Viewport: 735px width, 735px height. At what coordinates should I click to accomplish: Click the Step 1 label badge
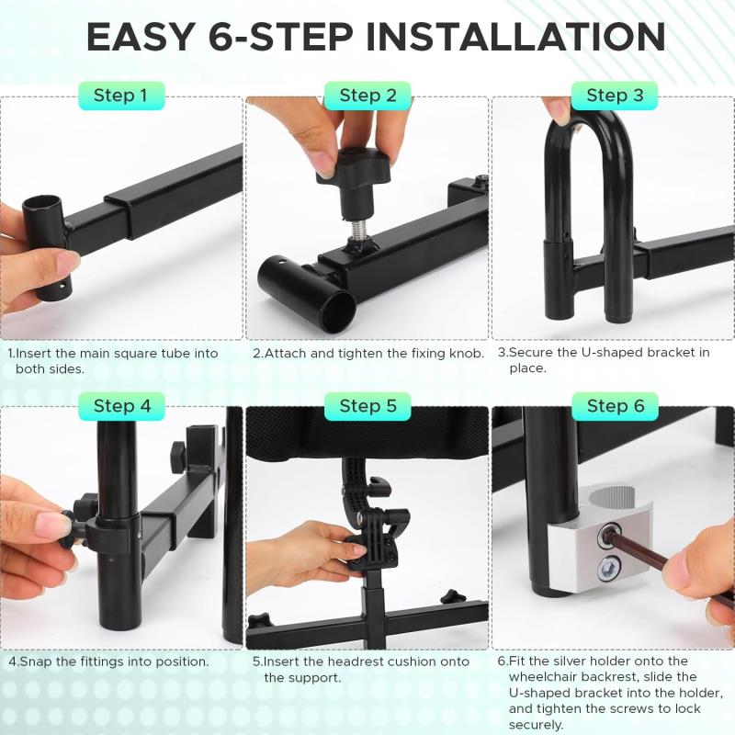(121, 96)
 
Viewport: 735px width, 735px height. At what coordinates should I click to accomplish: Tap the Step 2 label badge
(367, 96)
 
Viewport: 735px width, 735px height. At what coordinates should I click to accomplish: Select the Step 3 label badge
(615, 96)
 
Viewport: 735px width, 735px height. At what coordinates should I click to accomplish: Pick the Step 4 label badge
(121, 406)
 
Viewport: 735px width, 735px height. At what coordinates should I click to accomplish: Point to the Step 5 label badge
(367, 406)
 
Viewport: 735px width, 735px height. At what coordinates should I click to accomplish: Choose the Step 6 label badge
(615, 406)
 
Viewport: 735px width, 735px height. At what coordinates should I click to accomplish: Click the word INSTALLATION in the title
(515, 37)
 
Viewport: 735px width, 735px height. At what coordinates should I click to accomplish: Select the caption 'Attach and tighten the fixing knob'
(374, 353)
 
